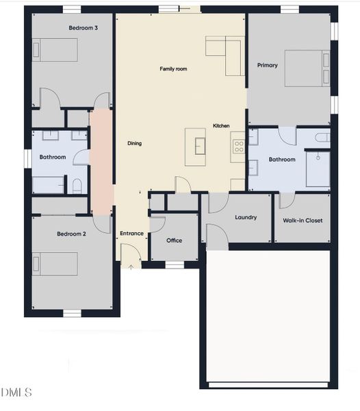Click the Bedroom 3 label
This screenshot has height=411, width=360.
tap(83, 28)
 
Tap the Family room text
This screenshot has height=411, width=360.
tap(173, 68)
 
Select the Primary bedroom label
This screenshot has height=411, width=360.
tap(268, 65)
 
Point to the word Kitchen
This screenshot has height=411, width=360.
tap(221, 126)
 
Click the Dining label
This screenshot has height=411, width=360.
tap(134, 143)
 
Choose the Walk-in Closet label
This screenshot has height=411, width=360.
tap(303, 221)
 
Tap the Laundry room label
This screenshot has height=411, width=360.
tap(246, 217)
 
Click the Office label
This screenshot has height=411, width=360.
tap(175, 240)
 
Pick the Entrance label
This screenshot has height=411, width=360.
tap(132, 234)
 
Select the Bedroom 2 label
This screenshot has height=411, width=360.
tap(71, 234)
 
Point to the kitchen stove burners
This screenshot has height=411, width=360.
tap(239, 146)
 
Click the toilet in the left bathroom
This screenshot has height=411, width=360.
tap(77, 185)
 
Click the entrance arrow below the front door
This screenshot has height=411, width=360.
tap(131, 266)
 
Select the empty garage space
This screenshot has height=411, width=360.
tap(268, 315)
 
